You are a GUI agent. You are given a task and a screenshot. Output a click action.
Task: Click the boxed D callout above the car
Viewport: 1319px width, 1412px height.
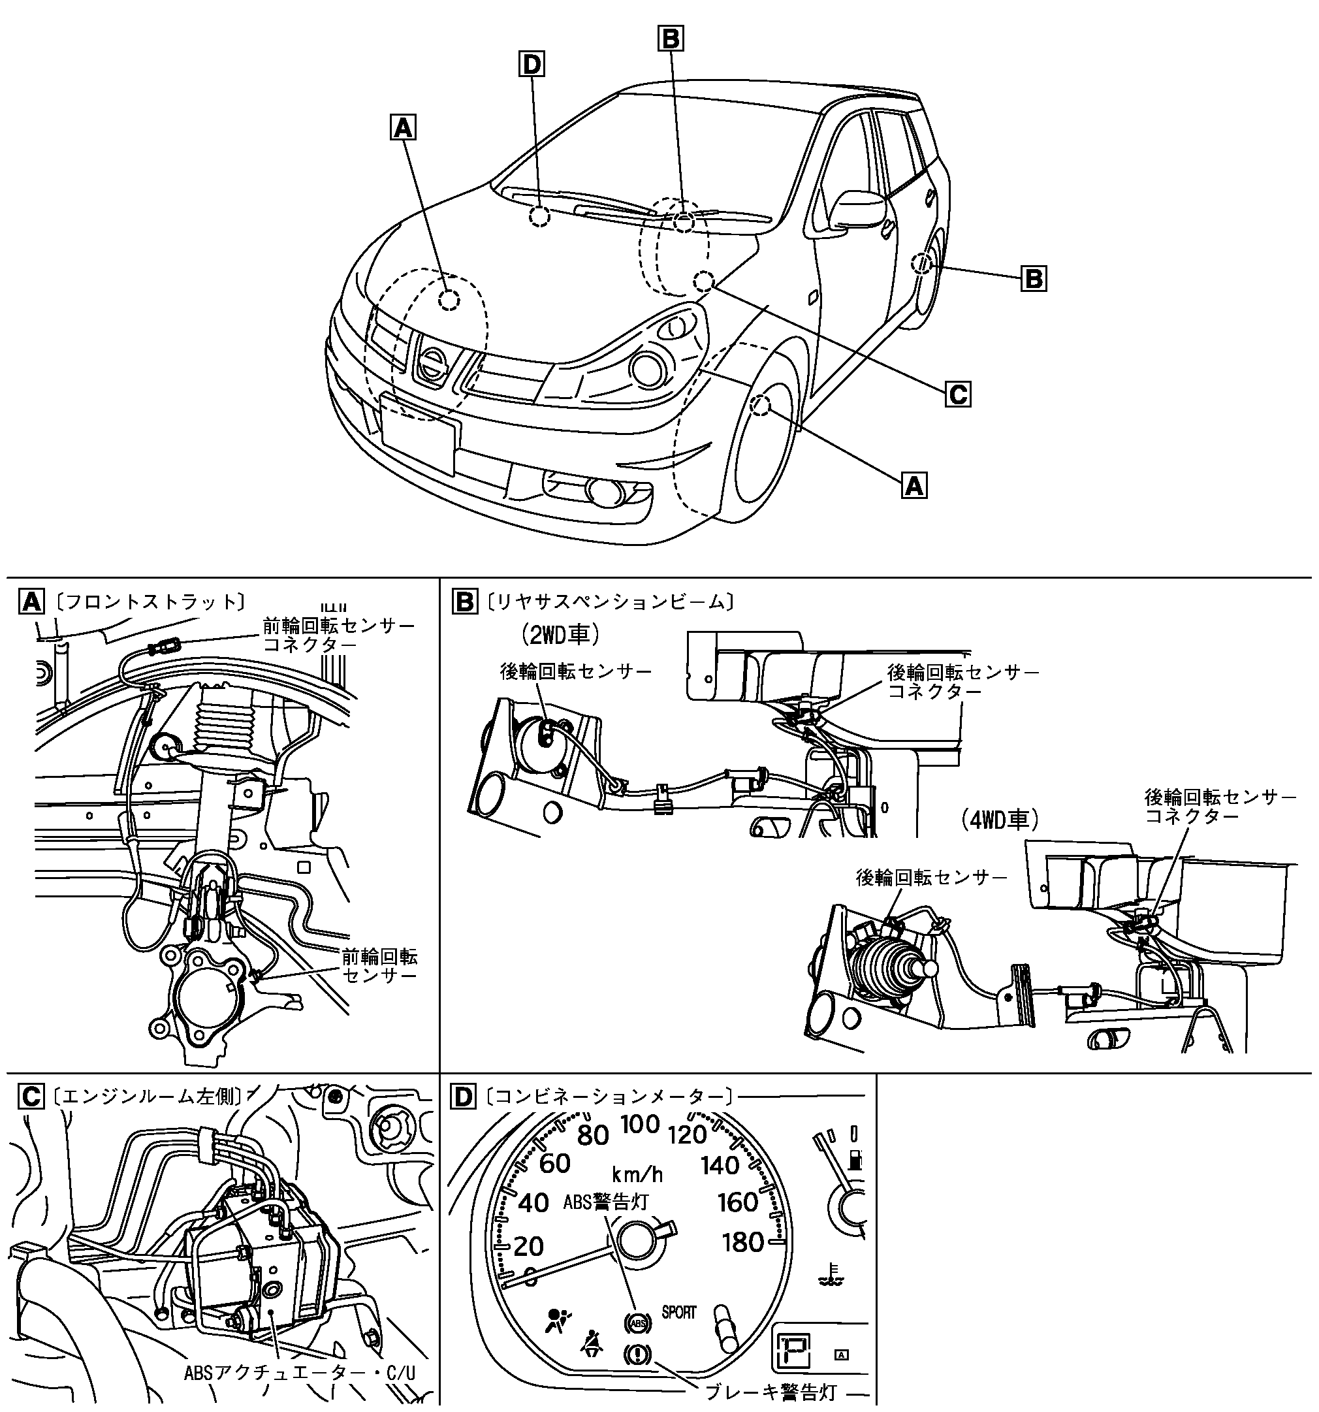531,65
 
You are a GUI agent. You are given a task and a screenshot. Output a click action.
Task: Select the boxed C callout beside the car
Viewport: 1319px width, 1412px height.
957,393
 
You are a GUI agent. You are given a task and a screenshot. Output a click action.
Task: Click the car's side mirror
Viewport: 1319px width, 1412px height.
859,210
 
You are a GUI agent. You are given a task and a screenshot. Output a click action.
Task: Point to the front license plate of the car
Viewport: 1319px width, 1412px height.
420,434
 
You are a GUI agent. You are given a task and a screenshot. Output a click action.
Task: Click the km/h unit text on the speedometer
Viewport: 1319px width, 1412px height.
638,1174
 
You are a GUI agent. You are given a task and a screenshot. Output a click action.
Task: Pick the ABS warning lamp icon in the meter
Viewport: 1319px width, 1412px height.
637,1323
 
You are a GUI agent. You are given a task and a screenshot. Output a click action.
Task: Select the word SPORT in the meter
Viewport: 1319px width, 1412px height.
678,1313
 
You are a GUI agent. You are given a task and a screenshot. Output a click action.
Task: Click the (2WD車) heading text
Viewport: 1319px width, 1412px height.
557,634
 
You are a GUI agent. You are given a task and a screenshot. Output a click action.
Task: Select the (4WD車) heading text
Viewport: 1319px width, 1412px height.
997,821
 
